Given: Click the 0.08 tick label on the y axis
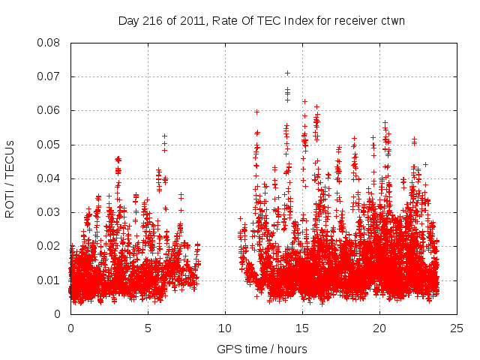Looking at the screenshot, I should (x=49, y=43).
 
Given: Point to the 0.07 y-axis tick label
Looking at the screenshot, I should (x=49, y=76).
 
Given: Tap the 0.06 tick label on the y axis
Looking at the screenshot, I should (x=49, y=110).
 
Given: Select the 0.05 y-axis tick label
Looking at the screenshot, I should (x=49, y=144).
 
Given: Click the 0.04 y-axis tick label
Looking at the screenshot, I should (x=49, y=178).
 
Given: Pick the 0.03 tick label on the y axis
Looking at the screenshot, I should (x=49, y=212).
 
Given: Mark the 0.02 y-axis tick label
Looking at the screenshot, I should (x=49, y=246).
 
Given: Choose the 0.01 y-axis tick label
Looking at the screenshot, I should (x=49, y=280).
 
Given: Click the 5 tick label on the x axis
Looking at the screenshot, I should (x=148, y=328).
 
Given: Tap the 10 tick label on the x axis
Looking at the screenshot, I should (x=225, y=328).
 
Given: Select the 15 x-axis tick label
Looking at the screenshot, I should (x=302, y=328).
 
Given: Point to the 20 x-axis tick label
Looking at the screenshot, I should (x=379, y=328).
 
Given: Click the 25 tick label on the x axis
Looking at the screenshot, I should (x=457, y=328).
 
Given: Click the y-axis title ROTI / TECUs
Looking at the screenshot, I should (x=10, y=178).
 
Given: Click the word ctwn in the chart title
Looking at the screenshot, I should (x=392, y=20).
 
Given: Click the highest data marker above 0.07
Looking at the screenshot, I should (x=287, y=73).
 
